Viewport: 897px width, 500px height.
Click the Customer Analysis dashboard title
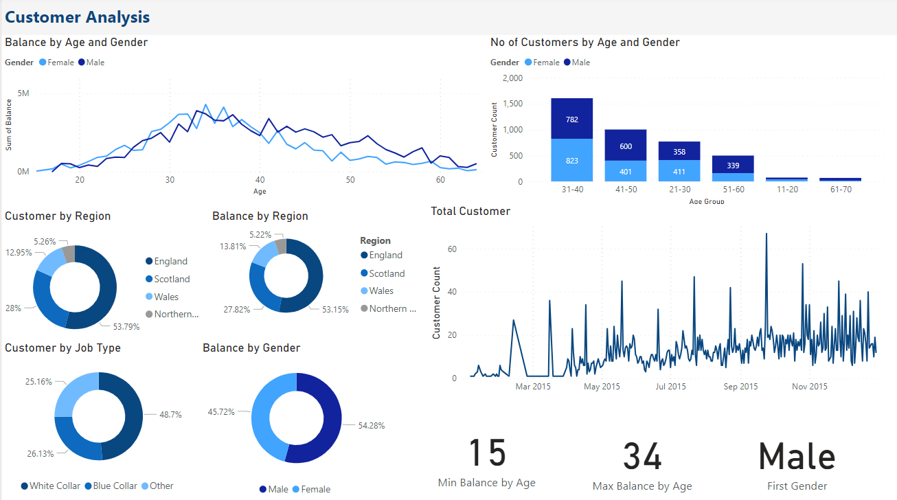[78, 17]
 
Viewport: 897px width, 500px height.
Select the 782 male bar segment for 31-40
[572, 119]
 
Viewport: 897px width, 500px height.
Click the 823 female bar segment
[572, 161]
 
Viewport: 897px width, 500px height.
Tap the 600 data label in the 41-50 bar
[625, 146]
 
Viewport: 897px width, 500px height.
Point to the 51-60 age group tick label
[734, 189]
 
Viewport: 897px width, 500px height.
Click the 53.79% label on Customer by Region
[125, 327]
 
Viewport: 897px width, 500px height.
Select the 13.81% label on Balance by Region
[233, 246]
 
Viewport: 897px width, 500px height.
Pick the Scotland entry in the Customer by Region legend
[172, 280]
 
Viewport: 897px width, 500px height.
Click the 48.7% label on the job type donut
[168, 415]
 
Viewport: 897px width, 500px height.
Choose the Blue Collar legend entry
[115, 486]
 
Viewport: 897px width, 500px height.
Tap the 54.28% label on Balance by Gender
[372, 426]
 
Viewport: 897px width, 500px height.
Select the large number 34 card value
[642, 457]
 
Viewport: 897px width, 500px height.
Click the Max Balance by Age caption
[642, 486]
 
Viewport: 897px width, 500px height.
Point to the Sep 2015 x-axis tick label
[740, 387]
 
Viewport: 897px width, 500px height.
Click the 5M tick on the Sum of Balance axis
[23, 93]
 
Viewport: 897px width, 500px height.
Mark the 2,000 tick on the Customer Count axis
[512, 78]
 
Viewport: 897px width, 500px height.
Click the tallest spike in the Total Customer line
[766, 234]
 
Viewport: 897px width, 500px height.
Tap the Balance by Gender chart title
[251, 348]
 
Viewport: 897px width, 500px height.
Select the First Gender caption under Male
[797, 486]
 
